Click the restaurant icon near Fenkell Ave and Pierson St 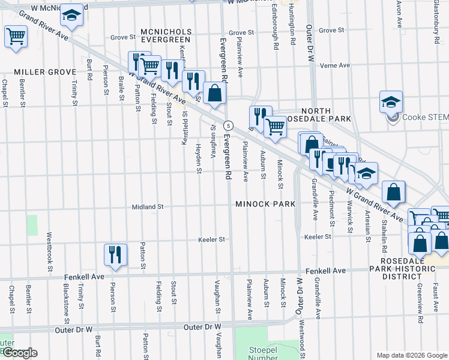(114, 254)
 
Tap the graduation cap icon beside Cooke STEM (391, 101)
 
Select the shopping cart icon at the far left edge (16, 36)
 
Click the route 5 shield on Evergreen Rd (228, 125)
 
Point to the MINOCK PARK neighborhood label (265, 204)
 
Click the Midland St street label (148, 206)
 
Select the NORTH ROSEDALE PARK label (326, 115)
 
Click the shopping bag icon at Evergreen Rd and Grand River (214, 93)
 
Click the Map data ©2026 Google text (411, 355)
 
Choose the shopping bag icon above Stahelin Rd (393, 192)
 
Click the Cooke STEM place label (426, 118)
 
